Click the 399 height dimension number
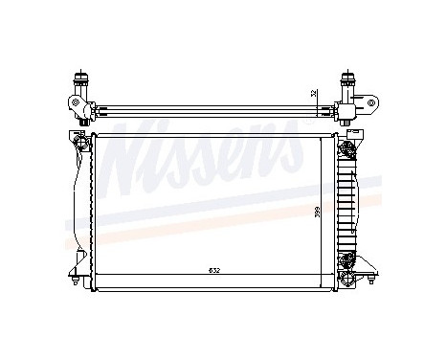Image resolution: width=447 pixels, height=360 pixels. click(319, 213)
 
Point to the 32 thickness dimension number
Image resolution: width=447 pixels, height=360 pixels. click(313, 94)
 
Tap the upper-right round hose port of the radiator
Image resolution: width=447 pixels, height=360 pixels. click(348, 146)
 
